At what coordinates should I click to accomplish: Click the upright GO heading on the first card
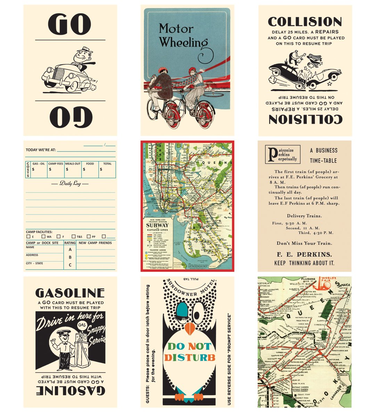point(70,24)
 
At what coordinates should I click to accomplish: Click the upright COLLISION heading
point(305,22)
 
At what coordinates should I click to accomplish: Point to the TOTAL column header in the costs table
point(107,164)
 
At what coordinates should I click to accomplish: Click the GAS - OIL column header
point(38,164)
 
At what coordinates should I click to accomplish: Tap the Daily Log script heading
point(70,183)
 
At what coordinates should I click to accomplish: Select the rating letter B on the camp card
point(70,257)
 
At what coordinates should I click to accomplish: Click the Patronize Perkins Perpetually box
point(282,154)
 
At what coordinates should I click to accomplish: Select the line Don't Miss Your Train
point(304,243)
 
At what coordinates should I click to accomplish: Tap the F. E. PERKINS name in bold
point(304,254)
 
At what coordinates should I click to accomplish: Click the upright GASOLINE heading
point(70,293)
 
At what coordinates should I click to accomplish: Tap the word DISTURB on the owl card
point(190,358)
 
